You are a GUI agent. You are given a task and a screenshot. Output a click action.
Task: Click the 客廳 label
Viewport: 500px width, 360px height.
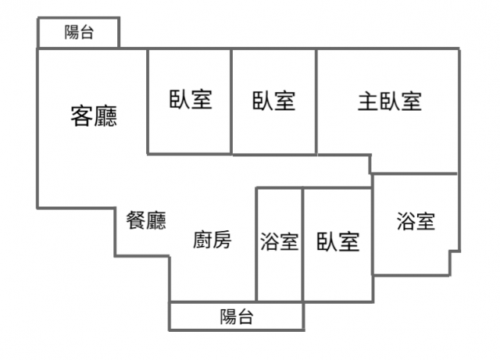pos(94,117)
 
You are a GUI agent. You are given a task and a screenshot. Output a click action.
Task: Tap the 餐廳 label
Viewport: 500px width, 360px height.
pos(146,221)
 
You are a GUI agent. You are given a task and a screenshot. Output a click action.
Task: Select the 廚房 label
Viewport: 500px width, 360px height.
pos(212,241)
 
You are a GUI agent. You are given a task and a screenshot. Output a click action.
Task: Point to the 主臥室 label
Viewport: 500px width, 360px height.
pos(390,102)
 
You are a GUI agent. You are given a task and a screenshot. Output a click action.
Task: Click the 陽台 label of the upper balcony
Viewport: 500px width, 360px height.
pos(80,33)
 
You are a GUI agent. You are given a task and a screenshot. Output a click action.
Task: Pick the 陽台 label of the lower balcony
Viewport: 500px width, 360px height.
pos(236,317)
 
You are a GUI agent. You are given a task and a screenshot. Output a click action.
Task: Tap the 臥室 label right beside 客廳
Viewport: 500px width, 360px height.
pos(190,100)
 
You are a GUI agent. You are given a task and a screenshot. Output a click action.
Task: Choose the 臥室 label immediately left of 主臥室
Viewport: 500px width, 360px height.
pos(273,101)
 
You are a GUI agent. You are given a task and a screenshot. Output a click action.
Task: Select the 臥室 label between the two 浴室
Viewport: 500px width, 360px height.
pos(338,242)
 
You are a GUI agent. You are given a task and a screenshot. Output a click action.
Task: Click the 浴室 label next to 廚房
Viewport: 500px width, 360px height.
pos(280,242)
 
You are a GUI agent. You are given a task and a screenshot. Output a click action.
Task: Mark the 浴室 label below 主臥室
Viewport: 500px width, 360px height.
pos(416,222)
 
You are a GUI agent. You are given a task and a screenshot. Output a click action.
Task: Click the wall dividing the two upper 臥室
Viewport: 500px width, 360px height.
pos(231,102)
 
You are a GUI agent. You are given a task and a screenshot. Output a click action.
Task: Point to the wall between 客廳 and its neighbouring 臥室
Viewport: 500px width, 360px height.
pos(148,102)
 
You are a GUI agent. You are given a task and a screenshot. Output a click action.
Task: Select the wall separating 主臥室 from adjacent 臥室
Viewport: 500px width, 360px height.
pos(316,102)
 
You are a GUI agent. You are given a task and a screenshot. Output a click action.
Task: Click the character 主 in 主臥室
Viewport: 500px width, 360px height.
pos(369,102)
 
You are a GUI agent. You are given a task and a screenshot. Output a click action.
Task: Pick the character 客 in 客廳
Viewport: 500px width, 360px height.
pos(82,117)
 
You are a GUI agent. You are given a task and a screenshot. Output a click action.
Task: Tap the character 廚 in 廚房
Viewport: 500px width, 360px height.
pos(202,241)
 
